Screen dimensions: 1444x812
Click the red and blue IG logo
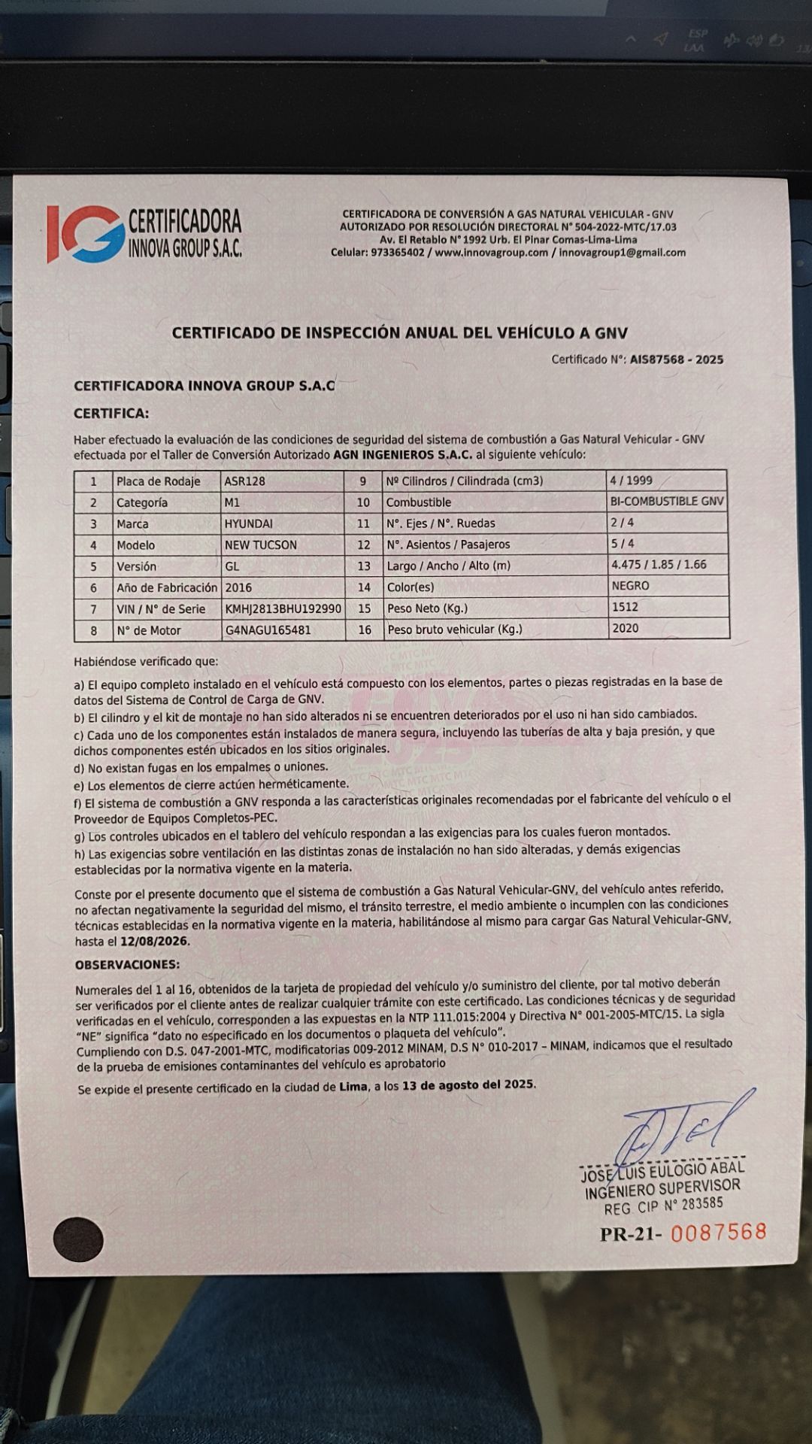(84, 233)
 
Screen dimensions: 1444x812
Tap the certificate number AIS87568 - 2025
(677, 359)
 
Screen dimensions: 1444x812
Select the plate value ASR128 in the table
(245, 481)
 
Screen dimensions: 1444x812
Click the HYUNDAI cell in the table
(249, 523)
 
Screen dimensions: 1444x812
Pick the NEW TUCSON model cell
(261, 545)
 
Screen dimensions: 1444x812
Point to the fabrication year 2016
(238, 587)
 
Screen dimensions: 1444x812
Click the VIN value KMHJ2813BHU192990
(283, 608)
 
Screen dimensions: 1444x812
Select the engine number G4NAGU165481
(268, 630)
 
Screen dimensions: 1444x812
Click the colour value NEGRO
(631, 585)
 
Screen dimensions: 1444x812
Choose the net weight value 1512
(626, 607)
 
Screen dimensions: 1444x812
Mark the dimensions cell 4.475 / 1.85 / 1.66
(659, 564)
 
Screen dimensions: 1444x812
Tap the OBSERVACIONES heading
(127, 965)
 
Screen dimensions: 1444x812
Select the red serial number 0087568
(718, 1233)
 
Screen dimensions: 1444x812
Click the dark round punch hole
(78, 1239)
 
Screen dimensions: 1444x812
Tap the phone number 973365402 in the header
(398, 253)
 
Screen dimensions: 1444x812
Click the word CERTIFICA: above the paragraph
(111, 414)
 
